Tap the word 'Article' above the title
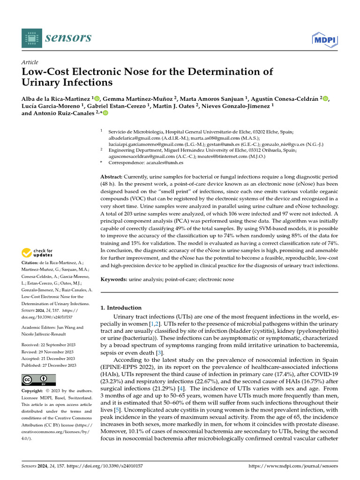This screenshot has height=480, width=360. point(30,62)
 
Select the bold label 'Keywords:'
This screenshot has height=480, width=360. point(114,279)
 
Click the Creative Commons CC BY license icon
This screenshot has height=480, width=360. point(38,380)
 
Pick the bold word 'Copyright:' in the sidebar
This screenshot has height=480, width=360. point(35,391)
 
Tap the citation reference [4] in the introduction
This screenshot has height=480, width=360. point(187,389)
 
